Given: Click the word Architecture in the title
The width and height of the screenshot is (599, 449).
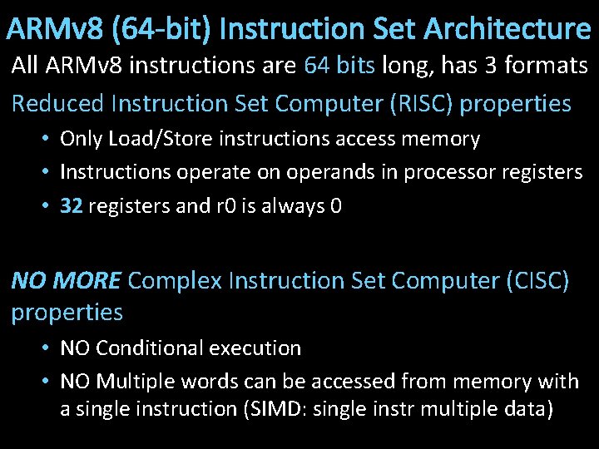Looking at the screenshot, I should pos(507,30).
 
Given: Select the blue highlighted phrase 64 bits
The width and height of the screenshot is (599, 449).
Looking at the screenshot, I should pos(339,66).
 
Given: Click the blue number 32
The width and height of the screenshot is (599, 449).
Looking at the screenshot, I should pos(71,206).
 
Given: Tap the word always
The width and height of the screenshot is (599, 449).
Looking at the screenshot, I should pos(292,206).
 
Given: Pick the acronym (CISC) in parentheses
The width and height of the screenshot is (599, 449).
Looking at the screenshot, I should pos(537,281).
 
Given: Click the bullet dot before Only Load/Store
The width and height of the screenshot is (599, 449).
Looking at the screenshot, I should pos(47,139).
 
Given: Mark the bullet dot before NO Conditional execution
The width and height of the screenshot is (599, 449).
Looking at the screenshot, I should pos(47,348).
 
